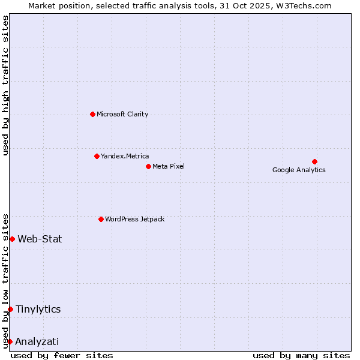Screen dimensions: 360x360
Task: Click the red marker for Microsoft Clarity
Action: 92,114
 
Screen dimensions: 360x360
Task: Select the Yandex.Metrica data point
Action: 97,156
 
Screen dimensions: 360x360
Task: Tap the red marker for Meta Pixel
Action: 148,166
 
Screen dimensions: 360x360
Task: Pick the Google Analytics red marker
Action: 314,161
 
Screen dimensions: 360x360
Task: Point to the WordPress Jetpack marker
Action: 101,219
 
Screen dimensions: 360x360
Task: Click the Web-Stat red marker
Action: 12,239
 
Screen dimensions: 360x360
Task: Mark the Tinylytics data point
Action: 10,309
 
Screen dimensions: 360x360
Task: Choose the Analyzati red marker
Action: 10,341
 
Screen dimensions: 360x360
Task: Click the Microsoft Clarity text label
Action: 122,114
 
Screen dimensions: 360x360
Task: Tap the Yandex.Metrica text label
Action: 125,156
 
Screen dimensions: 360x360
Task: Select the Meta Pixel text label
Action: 169,166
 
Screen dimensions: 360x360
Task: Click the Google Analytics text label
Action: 299,170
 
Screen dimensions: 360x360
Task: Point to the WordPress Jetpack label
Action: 134,219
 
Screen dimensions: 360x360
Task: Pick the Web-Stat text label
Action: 40,239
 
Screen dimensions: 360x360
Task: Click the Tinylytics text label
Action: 38,309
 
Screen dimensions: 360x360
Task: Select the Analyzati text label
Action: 37,341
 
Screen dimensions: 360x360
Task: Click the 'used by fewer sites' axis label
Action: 62,355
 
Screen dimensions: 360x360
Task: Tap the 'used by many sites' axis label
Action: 301,355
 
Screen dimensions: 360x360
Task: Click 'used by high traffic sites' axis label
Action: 5,85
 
